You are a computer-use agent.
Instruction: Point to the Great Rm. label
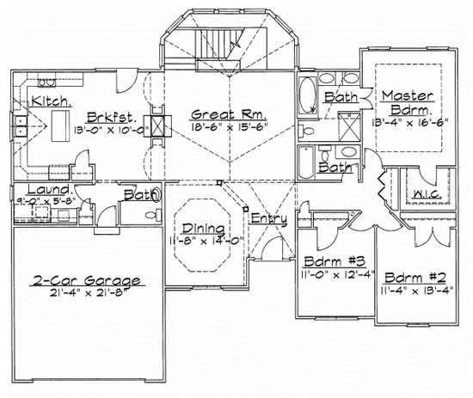click(x=228, y=113)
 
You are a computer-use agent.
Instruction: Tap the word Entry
click(x=269, y=219)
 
